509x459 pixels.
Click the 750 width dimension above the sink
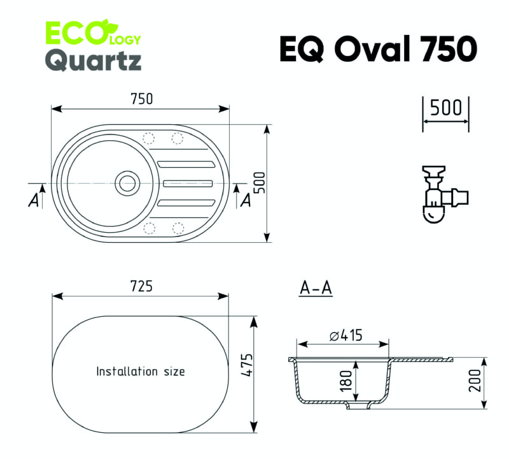point(141,99)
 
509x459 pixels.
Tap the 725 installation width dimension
point(141,286)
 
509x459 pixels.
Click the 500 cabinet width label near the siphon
point(445,107)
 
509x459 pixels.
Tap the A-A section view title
point(316,288)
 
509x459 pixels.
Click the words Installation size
point(141,371)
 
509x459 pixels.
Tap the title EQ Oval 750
point(378,49)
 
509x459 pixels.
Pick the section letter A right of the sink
point(246,200)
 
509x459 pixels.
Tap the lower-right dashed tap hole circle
point(178,228)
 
